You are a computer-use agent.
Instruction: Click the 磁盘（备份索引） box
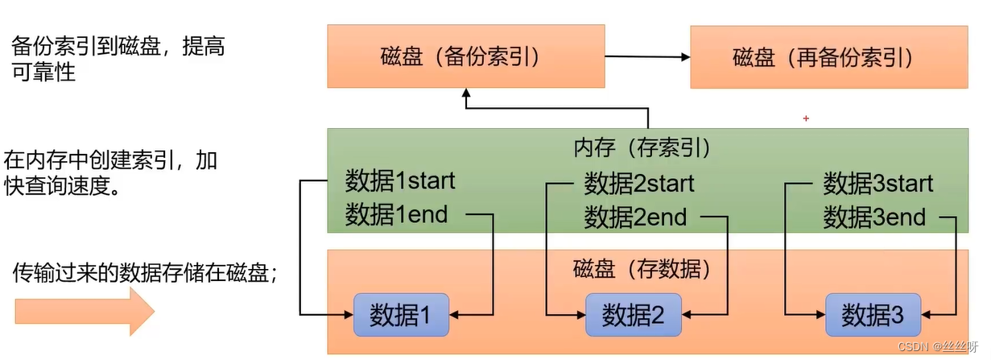pyautogui.click(x=465, y=56)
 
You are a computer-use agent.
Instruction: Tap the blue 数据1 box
pyautogui.click(x=400, y=315)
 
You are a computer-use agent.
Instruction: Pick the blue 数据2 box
pyautogui.click(x=633, y=315)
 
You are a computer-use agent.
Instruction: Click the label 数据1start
pyautogui.click(x=399, y=180)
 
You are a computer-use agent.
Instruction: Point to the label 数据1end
pyautogui.click(x=395, y=215)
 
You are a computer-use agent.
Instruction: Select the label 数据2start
pyautogui.click(x=638, y=183)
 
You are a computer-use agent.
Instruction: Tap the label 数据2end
pyautogui.click(x=635, y=217)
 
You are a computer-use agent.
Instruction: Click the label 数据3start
pyautogui.click(x=877, y=183)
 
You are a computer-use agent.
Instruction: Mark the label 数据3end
pyautogui.click(x=874, y=217)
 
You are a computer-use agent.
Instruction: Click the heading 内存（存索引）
pyautogui.click(x=642, y=147)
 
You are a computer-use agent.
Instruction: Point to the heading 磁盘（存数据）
pyautogui.click(x=642, y=269)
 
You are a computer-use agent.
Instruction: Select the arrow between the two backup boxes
pyautogui.click(x=647, y=57)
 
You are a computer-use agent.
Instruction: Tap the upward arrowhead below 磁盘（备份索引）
pyautogui.click(x=465, y=94)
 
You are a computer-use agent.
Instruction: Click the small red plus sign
pyautogui.click(x=805, y=118)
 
